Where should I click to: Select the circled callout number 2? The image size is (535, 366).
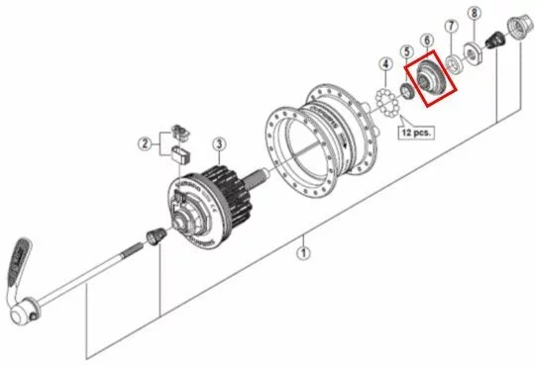point(145,144)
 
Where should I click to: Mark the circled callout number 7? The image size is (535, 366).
point(452,26)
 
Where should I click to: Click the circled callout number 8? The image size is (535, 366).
point(475,13)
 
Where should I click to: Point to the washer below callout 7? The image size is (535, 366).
point(457,63)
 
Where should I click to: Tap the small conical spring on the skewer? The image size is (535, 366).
point(155,237)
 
